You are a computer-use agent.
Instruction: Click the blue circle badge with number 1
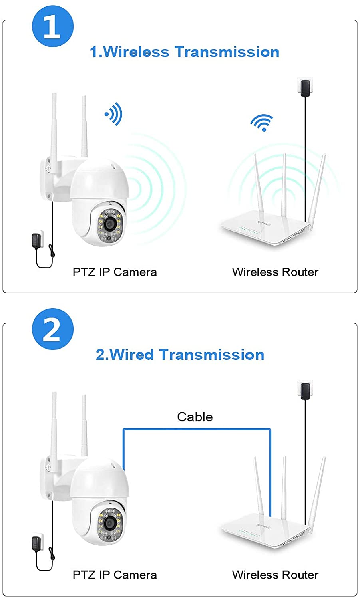pyautogui.click(x=52, y=26)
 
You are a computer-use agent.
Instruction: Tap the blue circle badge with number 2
pyautogui.click(x=52, y=329)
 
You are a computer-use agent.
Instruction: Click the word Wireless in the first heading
pyautogui.click(x=136, y=52)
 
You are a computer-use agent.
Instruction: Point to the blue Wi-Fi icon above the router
pyautogui.click(x=262, y=123)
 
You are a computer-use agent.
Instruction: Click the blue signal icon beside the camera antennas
pyautogui.click(x=114, y=114)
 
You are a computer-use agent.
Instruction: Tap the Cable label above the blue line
pyautogui.click(x=195, y=417)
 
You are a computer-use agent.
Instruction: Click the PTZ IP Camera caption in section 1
pyautogui.click(x=115, y=272)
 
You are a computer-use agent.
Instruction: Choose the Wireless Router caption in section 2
pyautogui.click(x=275, y=575)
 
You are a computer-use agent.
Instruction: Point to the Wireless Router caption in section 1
pyautogui.click(x=275, y=272)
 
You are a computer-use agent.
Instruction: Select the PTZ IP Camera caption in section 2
pyautogui.click(x=115, y=575)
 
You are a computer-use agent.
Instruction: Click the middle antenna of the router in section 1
pyautogui.click(x=284, y=184)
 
